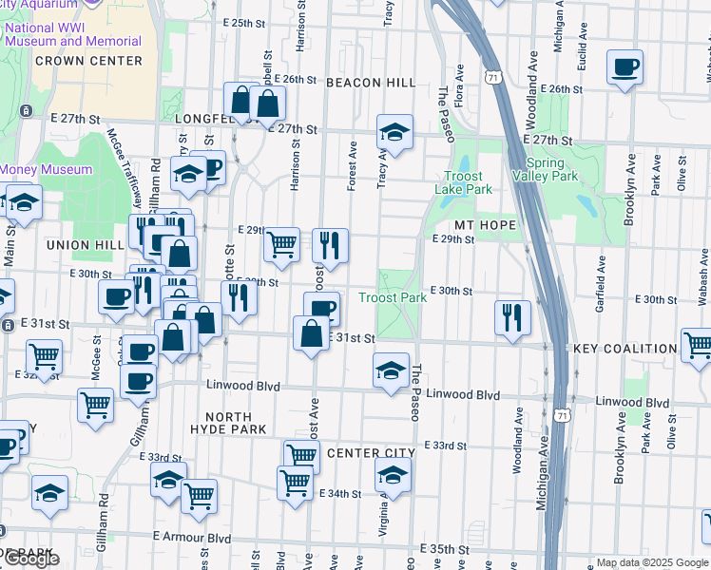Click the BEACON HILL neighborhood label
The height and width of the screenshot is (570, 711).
(371, 84)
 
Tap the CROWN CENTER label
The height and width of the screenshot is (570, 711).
(88, 61)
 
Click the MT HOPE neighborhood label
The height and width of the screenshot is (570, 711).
(485, 225)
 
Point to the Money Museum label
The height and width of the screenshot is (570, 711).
(46, 170)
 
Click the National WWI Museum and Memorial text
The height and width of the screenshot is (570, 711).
(73, 34)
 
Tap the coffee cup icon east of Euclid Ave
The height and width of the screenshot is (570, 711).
(625, 67)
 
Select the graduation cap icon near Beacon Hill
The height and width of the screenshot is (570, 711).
(394, 131)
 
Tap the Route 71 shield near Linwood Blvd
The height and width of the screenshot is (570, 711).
(565, 415)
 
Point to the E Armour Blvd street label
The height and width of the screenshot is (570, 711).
(192, 538)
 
